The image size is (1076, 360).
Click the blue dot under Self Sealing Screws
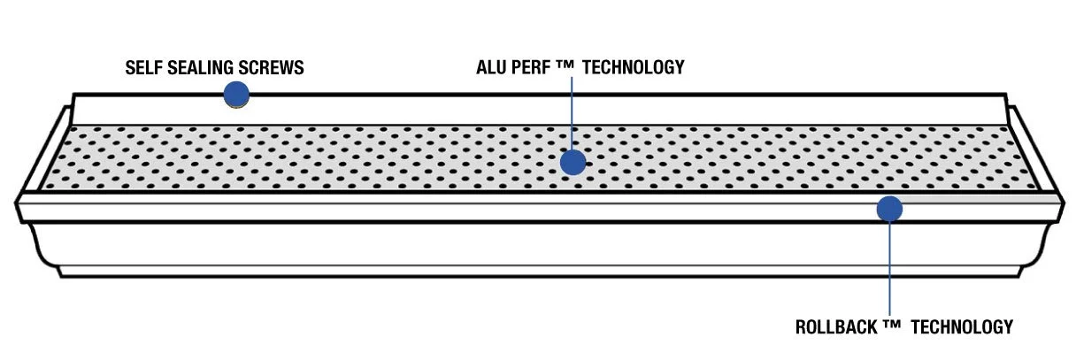[235, 95]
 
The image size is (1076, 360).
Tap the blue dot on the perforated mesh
[573, 162]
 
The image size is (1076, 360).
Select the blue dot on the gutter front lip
[889, 210]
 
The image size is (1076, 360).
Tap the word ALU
[492, 67]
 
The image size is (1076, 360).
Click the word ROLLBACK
[836, 327]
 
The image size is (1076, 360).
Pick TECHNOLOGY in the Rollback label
[961, 327]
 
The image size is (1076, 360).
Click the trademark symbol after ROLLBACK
[891, 326]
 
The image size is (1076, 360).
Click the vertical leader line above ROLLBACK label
[889, 265]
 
